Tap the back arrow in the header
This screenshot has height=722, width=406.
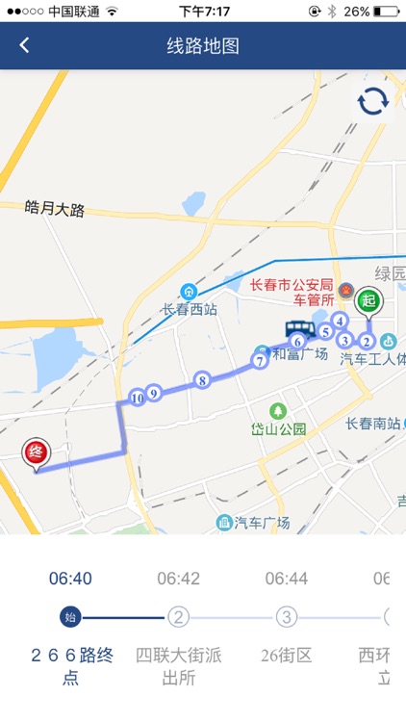coord(24,45)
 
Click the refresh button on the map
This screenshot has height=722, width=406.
coord(373,101)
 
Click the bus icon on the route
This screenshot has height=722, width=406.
coord(299,328)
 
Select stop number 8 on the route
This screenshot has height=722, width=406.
coord(202,380)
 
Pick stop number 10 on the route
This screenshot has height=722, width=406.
coord(137,397)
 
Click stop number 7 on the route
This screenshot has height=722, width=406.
coord(260,361)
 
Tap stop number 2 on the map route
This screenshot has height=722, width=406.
coord(367,341)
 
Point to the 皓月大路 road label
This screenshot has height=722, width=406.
coord(56,208)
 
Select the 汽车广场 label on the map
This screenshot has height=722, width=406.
coord(262,523)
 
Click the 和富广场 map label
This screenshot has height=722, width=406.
coord(300,353)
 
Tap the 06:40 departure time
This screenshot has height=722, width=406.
coord(70,579)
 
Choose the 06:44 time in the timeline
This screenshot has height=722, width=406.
coord(287,579)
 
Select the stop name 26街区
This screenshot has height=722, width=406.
coord(287,657)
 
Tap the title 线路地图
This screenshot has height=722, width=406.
coord(203,45)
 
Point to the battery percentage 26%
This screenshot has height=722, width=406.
coord(357,11)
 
